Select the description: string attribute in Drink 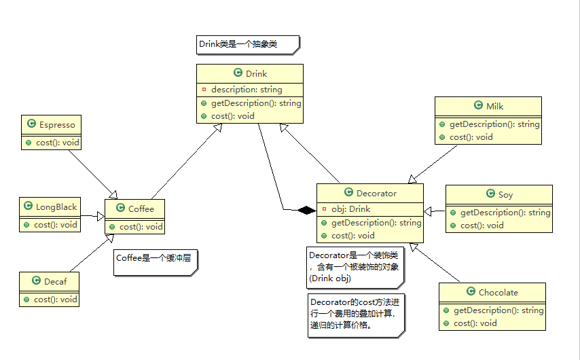point(246,90)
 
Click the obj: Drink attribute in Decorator point(350,209)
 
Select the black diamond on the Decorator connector point(307,210)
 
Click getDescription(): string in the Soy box point(505,213)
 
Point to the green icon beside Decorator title point(349,193)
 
